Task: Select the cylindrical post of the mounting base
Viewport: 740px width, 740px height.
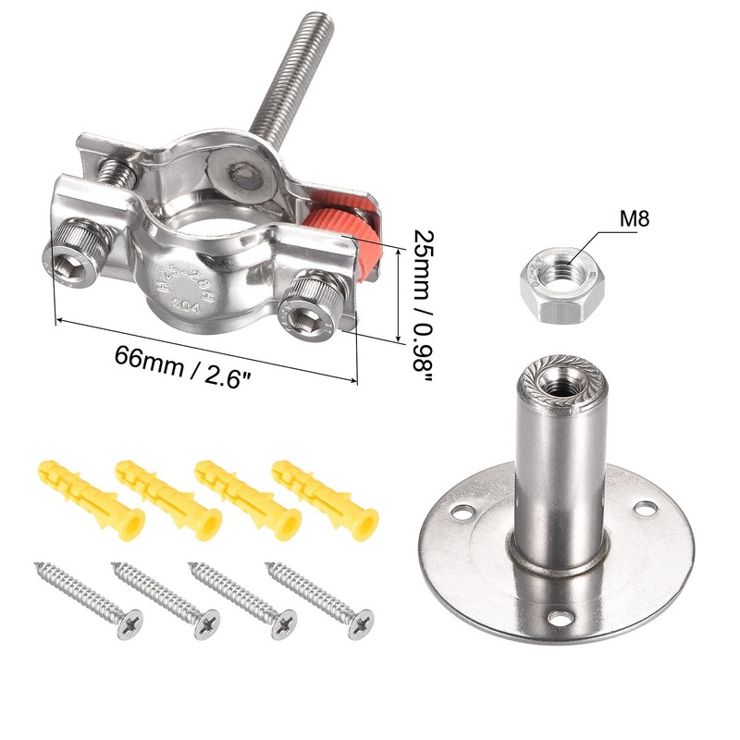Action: pyautogui.click(x=559, y=472)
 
